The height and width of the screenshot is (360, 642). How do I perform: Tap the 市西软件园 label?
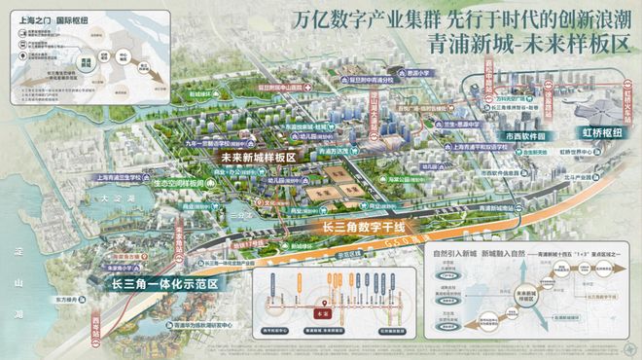coord(526,137)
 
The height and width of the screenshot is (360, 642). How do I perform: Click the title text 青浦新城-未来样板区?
coord(516,47)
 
